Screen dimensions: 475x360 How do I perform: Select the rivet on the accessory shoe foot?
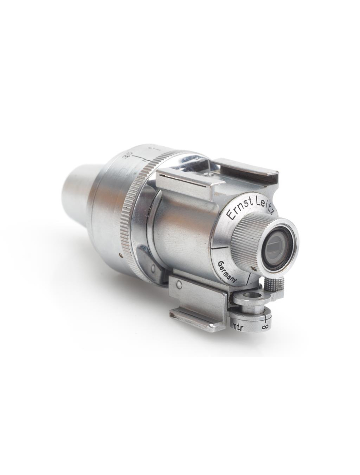[x=179, y=285]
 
